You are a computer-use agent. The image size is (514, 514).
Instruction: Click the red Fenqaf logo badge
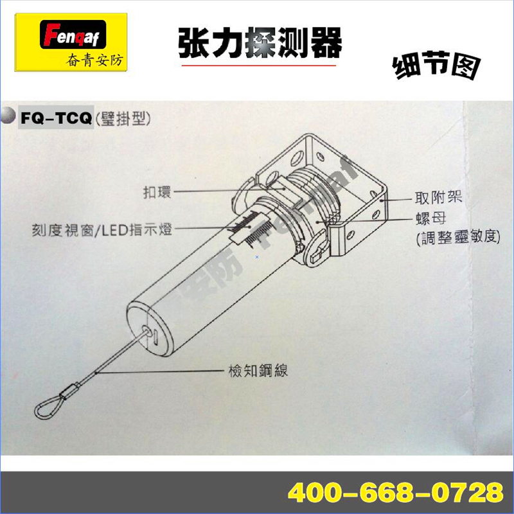pyautogui.click(x=73, y=35)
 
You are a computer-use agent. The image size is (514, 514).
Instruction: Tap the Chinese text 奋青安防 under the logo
pyautogui.click(x=94, y=60)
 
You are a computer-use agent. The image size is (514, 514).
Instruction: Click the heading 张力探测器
pyautogui.click(x=260, y=43)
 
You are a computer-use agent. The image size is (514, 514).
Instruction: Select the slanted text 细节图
pyautogui.click(x=436, y=66)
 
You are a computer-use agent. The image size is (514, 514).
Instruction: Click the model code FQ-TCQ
pyautogui.click(x=56, y=118)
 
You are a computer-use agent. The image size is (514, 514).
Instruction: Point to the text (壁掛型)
pyautogui.click(x=123, y=119)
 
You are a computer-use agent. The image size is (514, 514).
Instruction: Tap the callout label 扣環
pyautogui.click(x=157, y=192)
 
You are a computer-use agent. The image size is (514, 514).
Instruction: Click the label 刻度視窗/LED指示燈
pyautogui.click(x=102, y=230)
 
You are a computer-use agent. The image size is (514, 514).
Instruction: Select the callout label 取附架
pyautogui.click(x=439, y=198)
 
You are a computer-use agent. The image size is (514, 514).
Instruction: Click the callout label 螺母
pyautogui.click(x=430, y=218)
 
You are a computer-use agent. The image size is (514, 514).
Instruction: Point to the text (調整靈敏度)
pyautogui.click(x=458, y=237)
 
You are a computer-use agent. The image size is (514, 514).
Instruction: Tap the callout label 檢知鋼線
pyautogui.click(x=258, y=371)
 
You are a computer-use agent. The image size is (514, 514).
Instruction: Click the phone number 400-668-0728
pyautogui.click(x=395, y=492)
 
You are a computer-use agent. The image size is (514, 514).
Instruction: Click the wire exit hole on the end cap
pyautogui.click(x=147, y=331)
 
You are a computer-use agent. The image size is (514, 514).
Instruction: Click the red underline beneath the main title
pyautogui.click(x=259, y=66)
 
